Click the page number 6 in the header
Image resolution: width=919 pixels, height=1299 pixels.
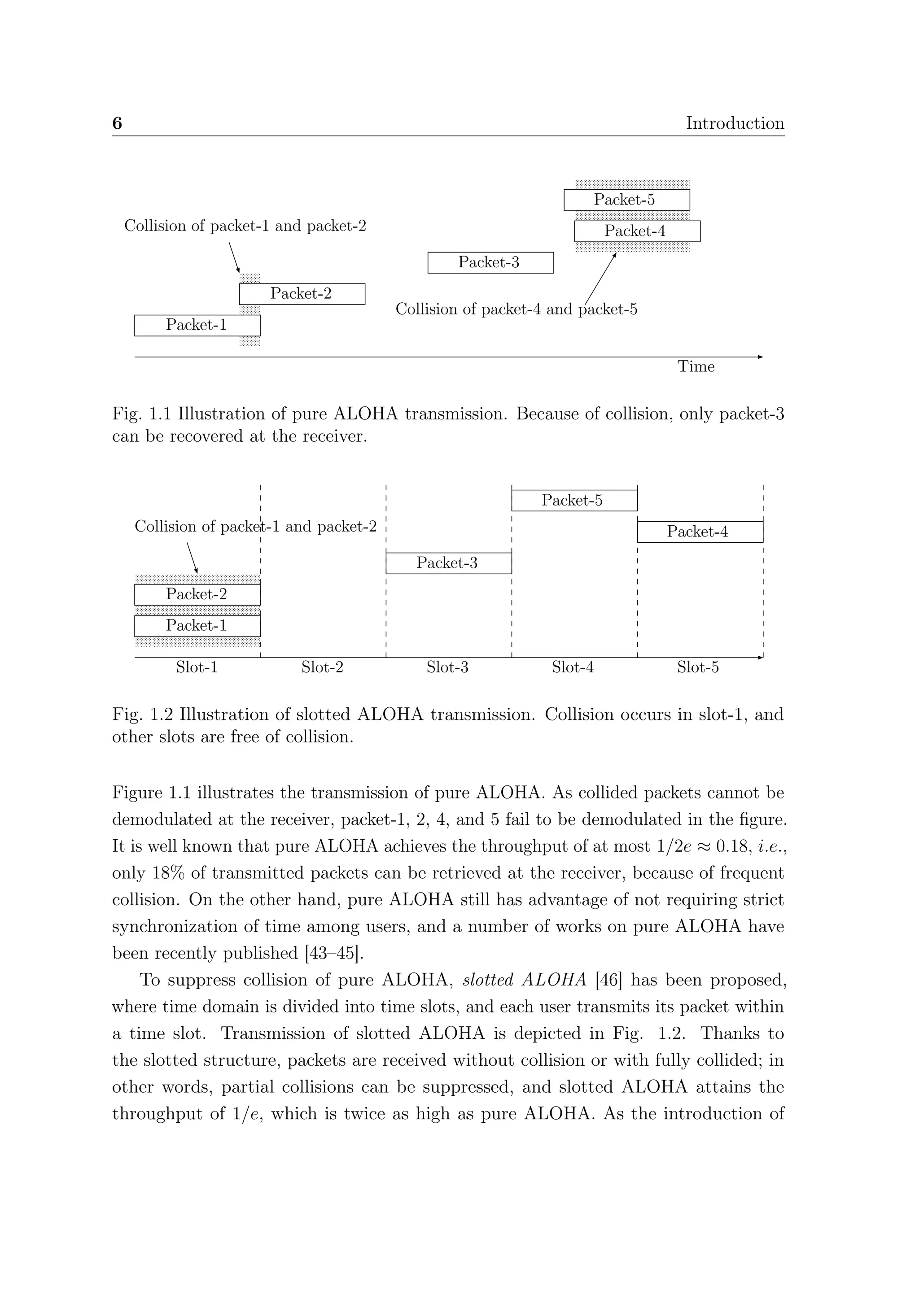(x=117, y=123)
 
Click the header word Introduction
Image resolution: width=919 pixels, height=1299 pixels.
(x=735, y=123)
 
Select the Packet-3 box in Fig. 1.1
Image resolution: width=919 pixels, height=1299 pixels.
(x=490, y=262)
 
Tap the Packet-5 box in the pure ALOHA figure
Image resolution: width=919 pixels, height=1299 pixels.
(x=626, y=200)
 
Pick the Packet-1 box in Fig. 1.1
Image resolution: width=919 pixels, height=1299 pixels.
(x=197, y=325)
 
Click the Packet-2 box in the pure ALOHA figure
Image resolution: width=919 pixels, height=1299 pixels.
(x=302, y=294)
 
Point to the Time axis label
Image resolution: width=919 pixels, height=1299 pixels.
(x=696, y=366)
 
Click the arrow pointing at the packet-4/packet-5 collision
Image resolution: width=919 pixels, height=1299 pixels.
(x=600, y=279)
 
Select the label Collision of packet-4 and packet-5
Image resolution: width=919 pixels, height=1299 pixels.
(x=516, y=309)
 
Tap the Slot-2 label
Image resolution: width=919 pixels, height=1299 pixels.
(x=322, y=667)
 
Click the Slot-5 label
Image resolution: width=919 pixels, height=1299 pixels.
(x=698, y=667)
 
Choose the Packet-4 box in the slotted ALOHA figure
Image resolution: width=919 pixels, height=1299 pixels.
(x=700, y=532)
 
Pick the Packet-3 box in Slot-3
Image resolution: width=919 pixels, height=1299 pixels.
(x=448, y=563)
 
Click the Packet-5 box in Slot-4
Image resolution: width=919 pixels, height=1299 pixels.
(x=574, y=500)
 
